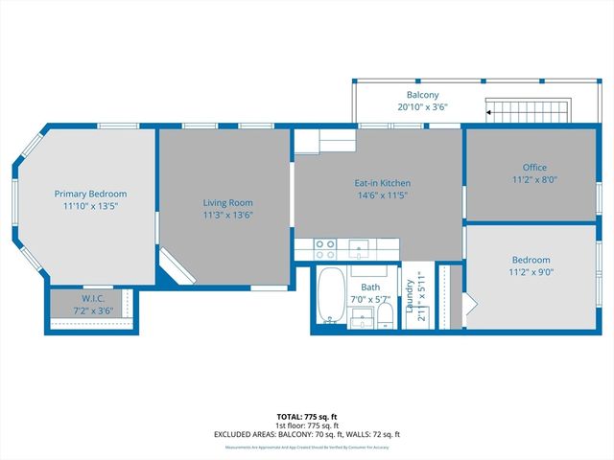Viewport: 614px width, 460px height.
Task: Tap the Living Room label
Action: tap(227, 202)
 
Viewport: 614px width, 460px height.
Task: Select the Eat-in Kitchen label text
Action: tap(383, 183)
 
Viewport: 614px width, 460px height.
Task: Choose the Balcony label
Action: tap(422, 95)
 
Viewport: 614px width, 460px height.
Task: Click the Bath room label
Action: tap(370, 287)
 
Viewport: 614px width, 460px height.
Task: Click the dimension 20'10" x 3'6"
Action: tap(422, 106)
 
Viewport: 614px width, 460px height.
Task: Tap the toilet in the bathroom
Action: tap(385, 315)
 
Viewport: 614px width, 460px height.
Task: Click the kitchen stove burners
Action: tap(325, 249)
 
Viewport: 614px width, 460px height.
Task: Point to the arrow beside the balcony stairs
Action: tap(489, 113)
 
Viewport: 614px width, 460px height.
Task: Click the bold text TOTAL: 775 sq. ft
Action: tap(306, 416)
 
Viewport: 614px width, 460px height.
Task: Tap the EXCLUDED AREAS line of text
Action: tap(306, 434)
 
